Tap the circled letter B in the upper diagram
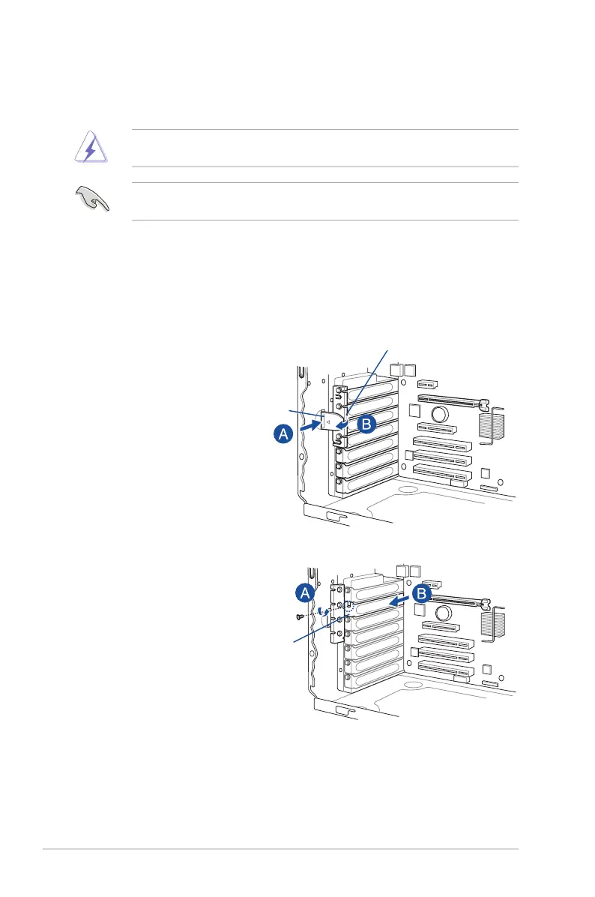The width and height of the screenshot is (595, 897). point(365,423)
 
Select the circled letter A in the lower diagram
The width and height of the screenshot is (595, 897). point(304,593)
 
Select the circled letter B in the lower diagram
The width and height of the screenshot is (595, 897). point(421,593)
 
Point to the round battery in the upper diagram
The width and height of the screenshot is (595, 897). point(439,414)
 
